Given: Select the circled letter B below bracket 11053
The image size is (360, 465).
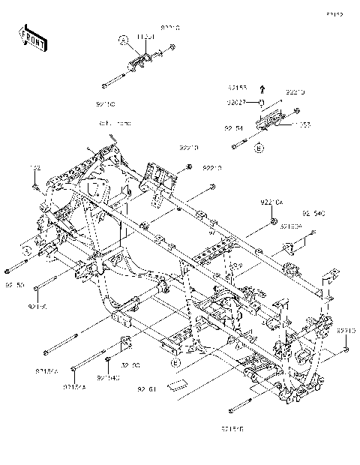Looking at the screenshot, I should pyautogui.click(x=259, y=149).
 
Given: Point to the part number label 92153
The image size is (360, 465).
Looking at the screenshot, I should pyautogui.click(x=238, y=87).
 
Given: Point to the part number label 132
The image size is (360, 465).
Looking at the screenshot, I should pyautogui.click(x=34, y=167).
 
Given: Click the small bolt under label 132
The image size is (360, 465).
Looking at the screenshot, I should pyautogui.click(x=34, y=184).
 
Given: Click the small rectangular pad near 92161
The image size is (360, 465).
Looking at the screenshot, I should pyautogui.click(x=177, y=385).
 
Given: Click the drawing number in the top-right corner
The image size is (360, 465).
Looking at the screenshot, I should pyautogui.click(x=334, y=13).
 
